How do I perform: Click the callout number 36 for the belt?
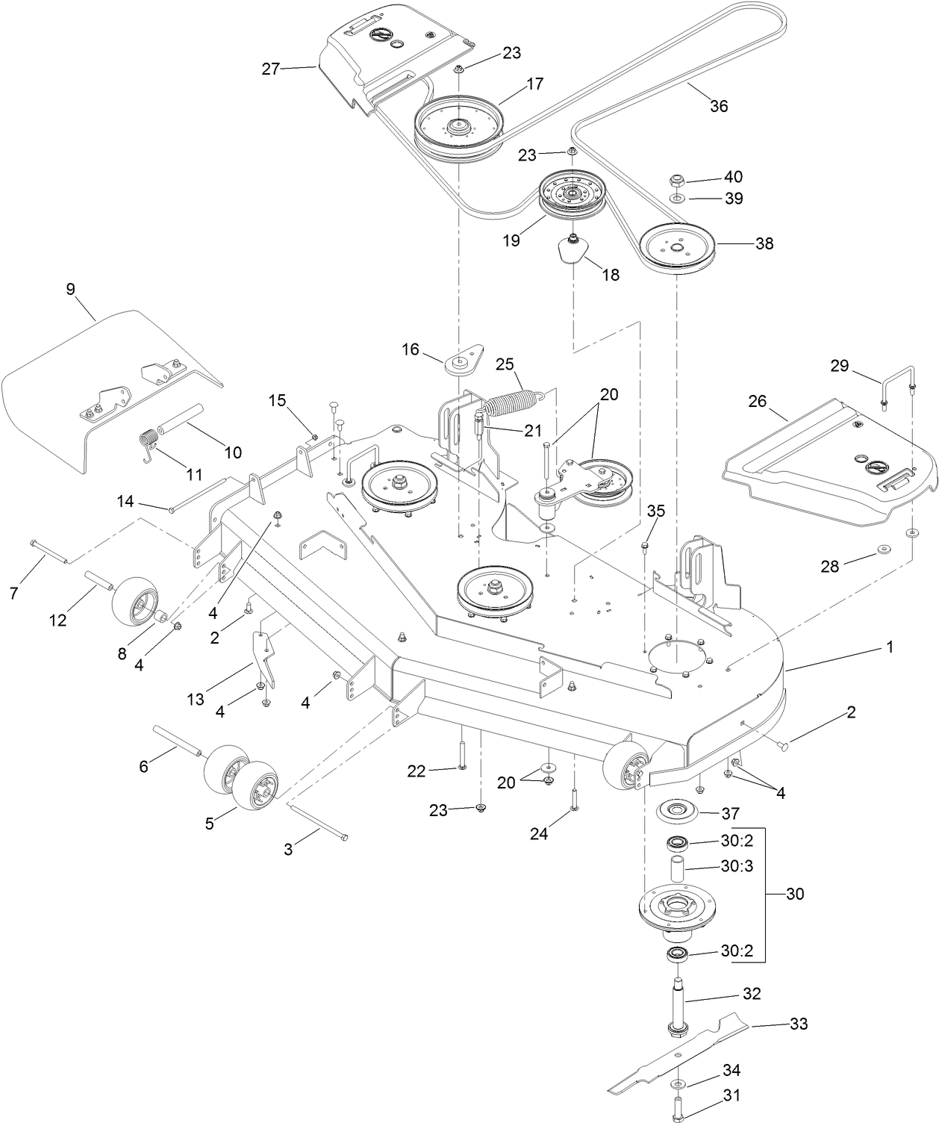point(718,106)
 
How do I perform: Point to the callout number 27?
point(270,69)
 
